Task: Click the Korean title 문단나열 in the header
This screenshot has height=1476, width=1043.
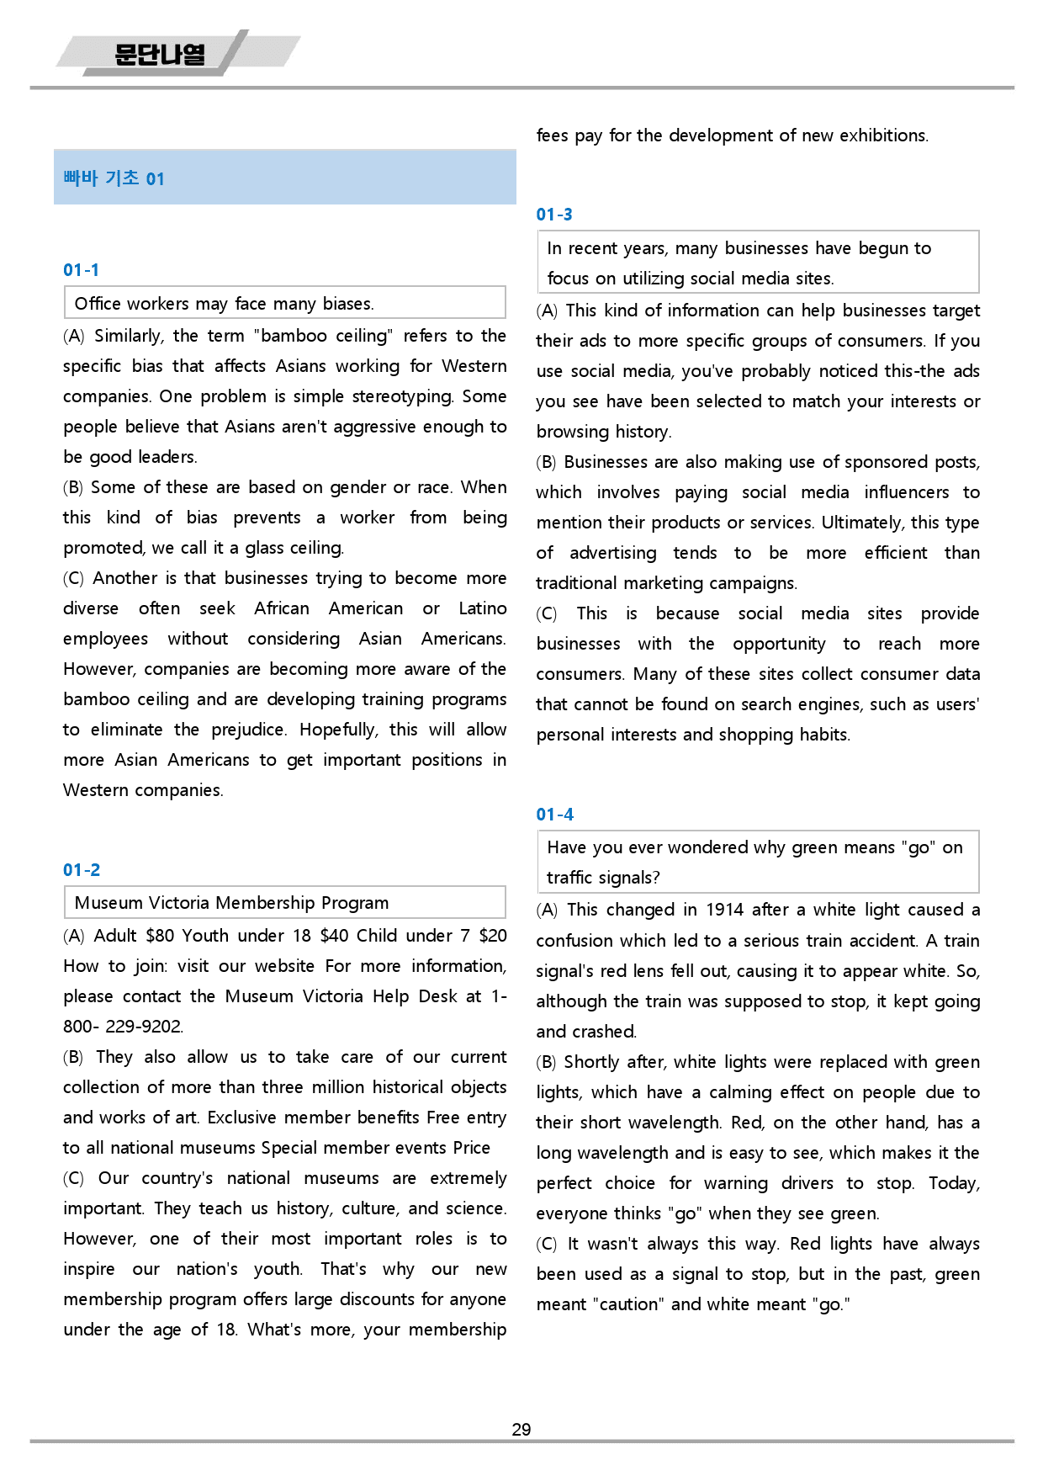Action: (160, 55)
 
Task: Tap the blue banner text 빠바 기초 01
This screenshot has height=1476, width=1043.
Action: (114, 178)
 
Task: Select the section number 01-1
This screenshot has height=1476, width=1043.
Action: (81, 270)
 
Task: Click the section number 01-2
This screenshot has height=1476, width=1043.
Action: (82, 870)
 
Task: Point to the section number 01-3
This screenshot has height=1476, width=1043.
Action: (554, 215)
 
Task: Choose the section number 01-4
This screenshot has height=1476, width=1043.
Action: (555, 815)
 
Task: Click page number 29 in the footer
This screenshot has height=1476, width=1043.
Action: (521, 1430)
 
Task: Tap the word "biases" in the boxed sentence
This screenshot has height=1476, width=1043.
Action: (347, 304)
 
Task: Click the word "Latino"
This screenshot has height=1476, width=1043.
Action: (483, 608)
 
